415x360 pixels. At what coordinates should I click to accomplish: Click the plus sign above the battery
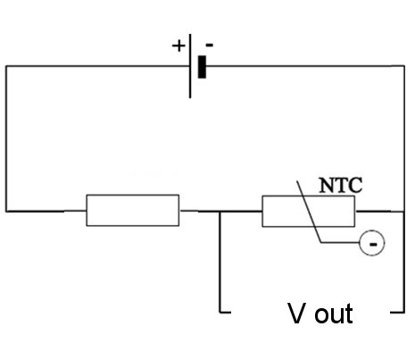(178, 46)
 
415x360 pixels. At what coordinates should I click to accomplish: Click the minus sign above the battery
(210, 46)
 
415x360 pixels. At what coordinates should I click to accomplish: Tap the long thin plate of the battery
(190, 66)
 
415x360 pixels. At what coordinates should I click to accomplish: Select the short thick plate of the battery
(202, 67)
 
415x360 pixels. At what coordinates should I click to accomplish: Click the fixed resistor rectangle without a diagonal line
(133, 210)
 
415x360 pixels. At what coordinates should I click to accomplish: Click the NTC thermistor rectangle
(309, 211)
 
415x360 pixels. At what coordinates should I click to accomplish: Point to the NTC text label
(341, 185)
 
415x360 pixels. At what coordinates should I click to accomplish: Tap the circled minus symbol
(372, 243)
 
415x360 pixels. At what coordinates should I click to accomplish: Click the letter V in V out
(296, 314)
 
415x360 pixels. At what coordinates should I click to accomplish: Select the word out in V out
(334, 314)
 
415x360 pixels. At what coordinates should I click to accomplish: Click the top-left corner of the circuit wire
(6, 66)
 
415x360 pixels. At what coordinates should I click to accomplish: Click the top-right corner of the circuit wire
(404, 66)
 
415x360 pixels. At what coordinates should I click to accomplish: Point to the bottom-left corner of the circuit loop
(6, 212)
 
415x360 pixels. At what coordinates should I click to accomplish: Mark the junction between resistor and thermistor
(220, 212)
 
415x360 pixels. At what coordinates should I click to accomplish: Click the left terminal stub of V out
(225, 313)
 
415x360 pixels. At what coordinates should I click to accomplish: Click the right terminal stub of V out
(397, 313)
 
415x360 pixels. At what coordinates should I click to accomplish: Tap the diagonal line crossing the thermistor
(309, 212)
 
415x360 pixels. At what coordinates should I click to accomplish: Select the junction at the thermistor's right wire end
(403, 212)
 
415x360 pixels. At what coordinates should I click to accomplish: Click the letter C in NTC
(355, 185)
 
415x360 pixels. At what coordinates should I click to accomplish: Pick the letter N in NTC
(327, 185)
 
